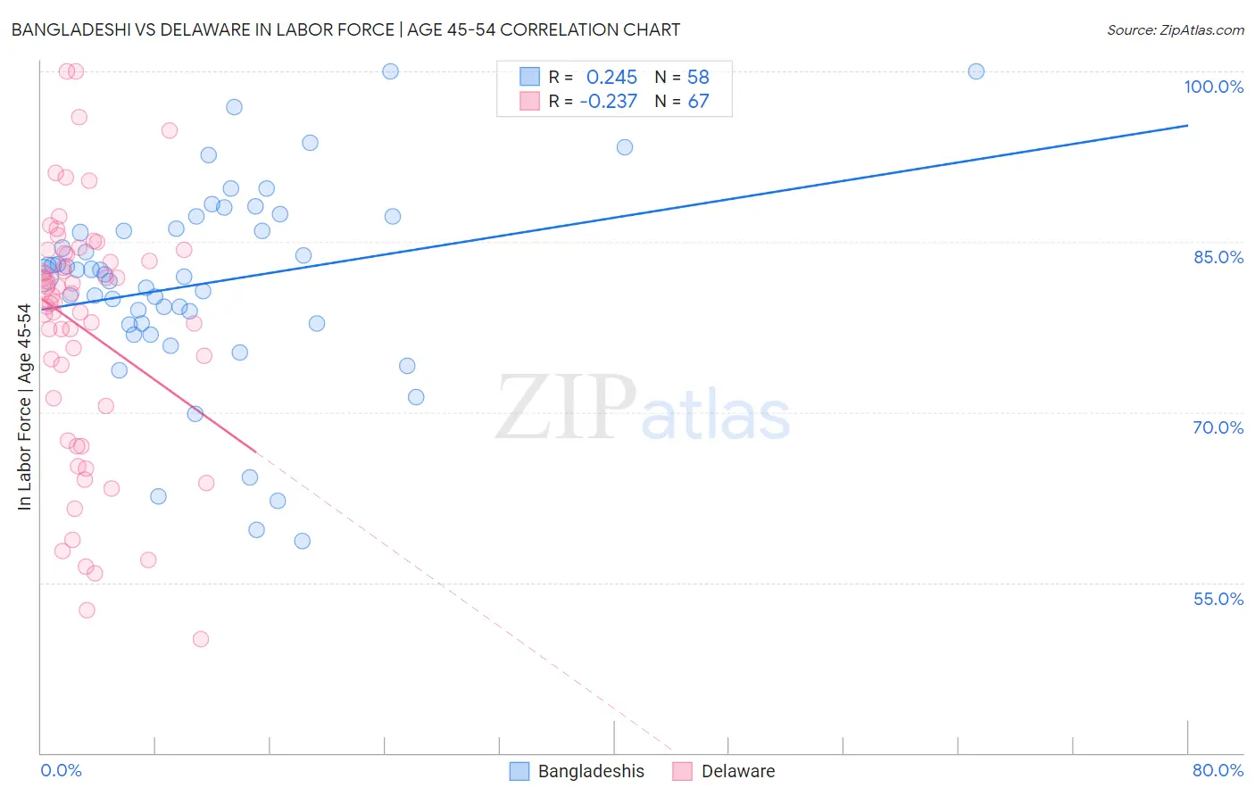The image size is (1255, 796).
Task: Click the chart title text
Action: point(345,29)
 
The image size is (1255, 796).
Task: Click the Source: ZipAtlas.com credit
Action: point(1175,29)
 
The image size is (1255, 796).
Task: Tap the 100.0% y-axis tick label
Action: point(1213,87)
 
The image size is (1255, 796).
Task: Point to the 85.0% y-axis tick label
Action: point(1218,257)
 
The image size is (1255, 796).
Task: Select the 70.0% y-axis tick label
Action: point(1218,427)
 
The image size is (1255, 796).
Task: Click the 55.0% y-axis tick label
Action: point(1218,599)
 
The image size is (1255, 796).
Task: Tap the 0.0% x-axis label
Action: point(61,770)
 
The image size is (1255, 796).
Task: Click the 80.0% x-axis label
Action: point(1218,770)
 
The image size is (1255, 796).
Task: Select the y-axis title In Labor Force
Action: point(24,407)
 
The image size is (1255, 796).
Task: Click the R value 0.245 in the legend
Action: point(611,77)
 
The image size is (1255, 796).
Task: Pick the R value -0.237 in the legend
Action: point(608,102)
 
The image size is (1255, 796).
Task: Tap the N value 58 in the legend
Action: point(698,77)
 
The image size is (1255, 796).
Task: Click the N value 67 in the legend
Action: point(698,102)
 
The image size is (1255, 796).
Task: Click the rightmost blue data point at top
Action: point(976,71)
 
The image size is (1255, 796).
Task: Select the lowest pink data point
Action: point(201,639)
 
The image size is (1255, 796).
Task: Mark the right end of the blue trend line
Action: point(1187,125)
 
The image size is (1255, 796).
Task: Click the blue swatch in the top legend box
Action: point(529,77)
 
